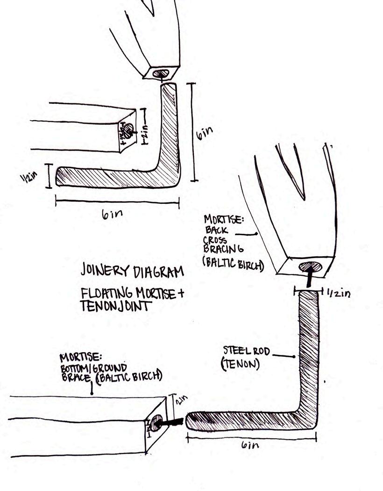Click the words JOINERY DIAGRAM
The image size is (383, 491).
[x=132, y=271]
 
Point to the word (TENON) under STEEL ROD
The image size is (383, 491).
[x=240, y=363]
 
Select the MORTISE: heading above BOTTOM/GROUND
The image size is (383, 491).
[x=78, y=358]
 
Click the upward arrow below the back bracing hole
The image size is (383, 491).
[x=309, y=280]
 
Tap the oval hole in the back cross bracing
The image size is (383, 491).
[x=310, y=267]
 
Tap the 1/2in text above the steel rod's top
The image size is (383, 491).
[x=338, y=293]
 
